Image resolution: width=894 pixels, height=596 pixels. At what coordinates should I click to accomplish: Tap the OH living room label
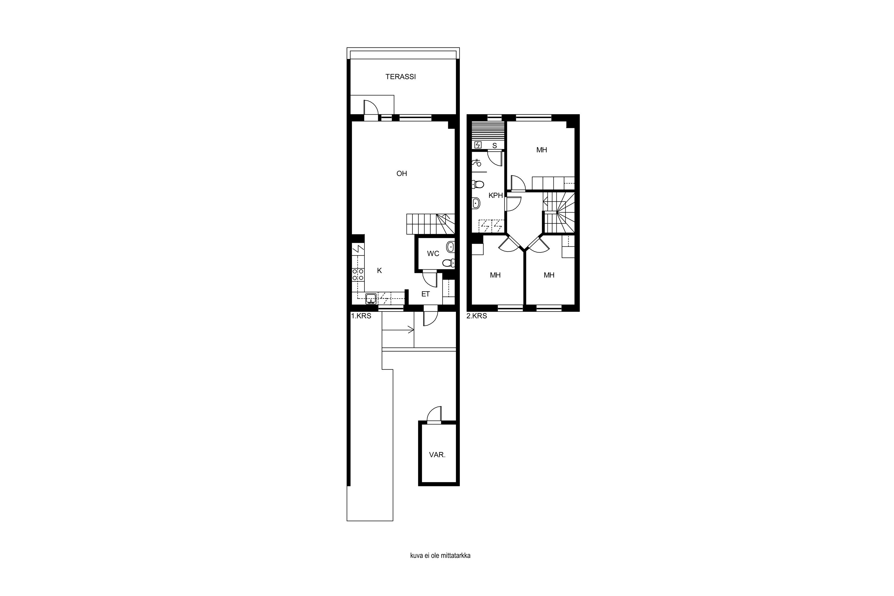pos(401,174)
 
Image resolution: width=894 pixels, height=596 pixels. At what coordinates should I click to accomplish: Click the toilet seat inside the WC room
pos(448,263)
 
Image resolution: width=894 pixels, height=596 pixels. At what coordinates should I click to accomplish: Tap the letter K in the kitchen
pos(379,271)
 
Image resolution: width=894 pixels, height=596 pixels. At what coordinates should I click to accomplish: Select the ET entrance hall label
pos(425,294)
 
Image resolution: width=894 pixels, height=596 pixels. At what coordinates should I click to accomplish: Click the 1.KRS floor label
pos(361,316)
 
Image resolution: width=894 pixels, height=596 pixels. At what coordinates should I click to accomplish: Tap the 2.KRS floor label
pos(477,316)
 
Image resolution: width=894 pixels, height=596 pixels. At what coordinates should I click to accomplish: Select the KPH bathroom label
pos(495,196)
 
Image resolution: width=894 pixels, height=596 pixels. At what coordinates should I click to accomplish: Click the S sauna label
pos(494,146)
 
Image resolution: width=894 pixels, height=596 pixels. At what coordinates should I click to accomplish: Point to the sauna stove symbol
pos(478,145)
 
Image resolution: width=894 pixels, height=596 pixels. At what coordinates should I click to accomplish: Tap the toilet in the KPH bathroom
pos(477,185)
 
